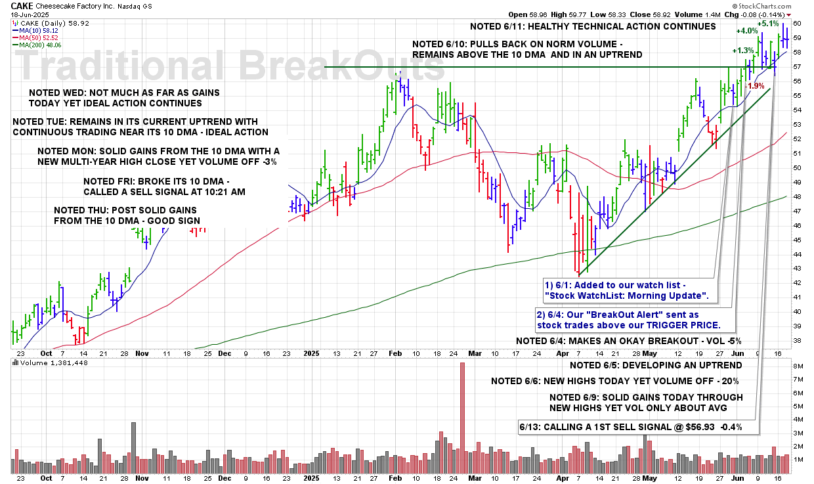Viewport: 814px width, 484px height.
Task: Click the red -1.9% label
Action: [755, 86]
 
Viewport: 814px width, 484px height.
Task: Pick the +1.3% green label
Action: [744, 51]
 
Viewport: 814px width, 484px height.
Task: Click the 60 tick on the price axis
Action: [796, 23]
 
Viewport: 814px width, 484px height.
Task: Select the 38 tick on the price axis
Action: [796, 340]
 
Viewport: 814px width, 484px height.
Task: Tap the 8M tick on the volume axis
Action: [797, 366]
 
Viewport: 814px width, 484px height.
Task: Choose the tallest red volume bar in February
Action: [462, 418]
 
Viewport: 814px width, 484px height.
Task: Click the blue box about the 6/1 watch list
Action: [628, 291]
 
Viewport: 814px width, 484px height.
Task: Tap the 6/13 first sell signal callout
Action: [639, 427]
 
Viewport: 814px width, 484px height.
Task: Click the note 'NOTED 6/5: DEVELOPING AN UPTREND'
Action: [646, 365]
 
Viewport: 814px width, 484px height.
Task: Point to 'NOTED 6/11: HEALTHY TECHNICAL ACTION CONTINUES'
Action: [593, 27]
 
